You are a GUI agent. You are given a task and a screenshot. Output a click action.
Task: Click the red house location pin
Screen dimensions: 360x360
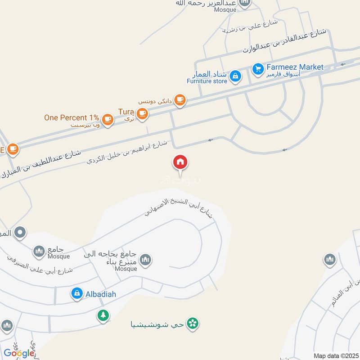[x=180, y=162]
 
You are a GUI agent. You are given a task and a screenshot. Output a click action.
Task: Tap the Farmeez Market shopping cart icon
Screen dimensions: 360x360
[x=257, y=68]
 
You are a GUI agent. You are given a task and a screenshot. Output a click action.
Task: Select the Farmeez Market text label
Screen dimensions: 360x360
[x=295, y=67]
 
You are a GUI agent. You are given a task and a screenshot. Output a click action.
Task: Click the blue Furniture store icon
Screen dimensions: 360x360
[x=234, y=77]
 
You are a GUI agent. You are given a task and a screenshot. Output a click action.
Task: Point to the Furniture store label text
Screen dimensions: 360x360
[x=207, y=81]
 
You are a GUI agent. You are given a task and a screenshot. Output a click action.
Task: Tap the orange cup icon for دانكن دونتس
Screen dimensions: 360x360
[x=180, y=100]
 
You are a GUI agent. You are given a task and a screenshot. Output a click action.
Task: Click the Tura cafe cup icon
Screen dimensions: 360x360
[x=142, y=114]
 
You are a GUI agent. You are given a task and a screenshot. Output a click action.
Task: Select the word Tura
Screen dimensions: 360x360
[x=126, y=111]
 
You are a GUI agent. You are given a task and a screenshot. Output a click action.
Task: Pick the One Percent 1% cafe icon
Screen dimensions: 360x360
[x=107, y=119]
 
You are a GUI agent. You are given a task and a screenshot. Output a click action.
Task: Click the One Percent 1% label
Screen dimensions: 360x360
[x=72, y=117]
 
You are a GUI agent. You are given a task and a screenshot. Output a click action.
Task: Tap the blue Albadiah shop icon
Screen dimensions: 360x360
[x=76, y=294]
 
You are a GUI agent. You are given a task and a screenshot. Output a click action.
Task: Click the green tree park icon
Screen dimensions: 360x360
[x=103, y=315]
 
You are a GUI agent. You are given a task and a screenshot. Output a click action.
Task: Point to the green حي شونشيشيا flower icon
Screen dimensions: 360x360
[x=193, y=323]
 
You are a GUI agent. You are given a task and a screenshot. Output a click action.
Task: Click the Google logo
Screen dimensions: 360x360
[x=19, y=353]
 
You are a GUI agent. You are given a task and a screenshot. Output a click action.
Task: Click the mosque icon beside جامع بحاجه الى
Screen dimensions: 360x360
[x=145, y=259]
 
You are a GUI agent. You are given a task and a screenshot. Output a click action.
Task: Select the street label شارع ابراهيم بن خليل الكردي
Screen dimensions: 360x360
[x=127, y=152]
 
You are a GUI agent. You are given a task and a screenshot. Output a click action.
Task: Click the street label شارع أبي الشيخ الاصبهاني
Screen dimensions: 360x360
[x=180, y=207]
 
